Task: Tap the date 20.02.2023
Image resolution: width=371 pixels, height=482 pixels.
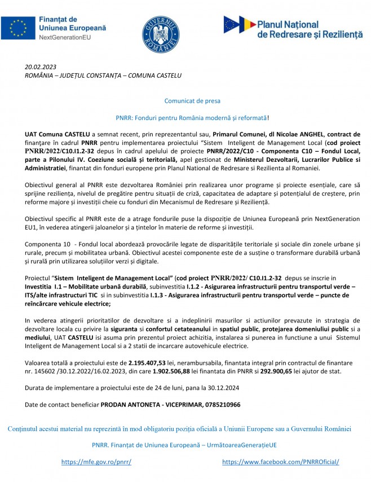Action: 41,67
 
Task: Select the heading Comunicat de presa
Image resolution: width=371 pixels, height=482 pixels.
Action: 192,101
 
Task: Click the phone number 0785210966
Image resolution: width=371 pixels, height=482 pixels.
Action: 217,405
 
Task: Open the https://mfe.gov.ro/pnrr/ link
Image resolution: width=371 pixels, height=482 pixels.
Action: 96,462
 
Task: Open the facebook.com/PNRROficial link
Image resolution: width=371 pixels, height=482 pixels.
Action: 280,462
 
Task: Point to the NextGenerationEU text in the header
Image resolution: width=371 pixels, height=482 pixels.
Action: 67,37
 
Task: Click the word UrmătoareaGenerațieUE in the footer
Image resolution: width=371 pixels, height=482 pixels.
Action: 242,445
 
